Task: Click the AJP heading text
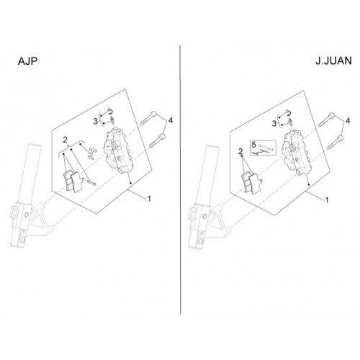click(27, 61)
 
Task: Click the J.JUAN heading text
click(333, 61)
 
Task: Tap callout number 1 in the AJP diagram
click(149, 199)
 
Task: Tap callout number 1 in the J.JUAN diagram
click(327, 200)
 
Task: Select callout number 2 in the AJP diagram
click(65, 140)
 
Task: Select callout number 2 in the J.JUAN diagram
click(240, 151)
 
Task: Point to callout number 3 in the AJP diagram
click(96, 121)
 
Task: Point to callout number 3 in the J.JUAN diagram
click(274, 124)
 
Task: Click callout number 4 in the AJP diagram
click(171, 120)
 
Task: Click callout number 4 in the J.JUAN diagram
click(348, 121)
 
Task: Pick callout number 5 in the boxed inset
click(254, 145)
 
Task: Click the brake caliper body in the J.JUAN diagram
click(294, 152)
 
